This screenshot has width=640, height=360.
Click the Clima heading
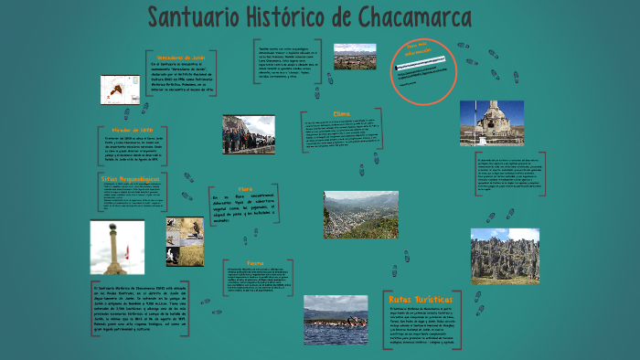[x=342, y=114]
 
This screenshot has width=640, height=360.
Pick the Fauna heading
[x=255, y=260]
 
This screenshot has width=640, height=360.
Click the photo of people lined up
[x=248, y=134]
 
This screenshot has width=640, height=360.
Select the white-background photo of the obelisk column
[x=116, y=247]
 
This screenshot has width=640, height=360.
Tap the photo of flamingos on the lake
[x=336, y=320]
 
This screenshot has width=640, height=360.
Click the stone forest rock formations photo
[x=505, y=255]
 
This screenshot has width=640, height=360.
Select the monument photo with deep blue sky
[x=492, y=123]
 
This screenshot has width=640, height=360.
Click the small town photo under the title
[x=354, y=57]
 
